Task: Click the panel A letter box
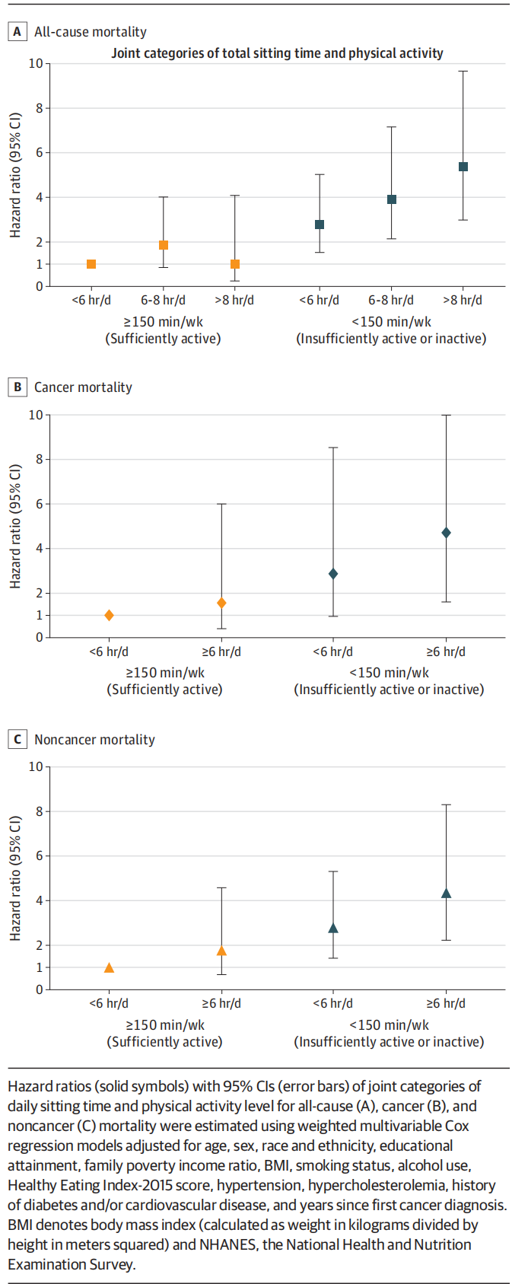coord(17,32)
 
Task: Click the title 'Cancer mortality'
coord(83,387)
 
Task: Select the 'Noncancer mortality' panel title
coord(94,740)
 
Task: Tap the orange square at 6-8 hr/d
coord(164,245)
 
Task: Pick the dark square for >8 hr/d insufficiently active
coord(463,167)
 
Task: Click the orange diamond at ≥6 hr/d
coord(221,603)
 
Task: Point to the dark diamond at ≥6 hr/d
coord(446,533)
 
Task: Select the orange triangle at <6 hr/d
coord(109,968)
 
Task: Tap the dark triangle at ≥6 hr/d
coord(446,894)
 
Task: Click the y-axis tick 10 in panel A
coord(36,63)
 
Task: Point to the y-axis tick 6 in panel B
coord(39,504)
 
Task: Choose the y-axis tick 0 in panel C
coord(39,989)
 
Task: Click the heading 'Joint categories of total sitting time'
coord(277,53)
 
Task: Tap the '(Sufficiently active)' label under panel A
coord(163,339)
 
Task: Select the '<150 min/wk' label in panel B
coord(389,673)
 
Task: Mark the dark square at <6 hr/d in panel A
coord(320,225)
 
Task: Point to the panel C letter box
coord(17,740)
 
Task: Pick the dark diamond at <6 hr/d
coord(333,574)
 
